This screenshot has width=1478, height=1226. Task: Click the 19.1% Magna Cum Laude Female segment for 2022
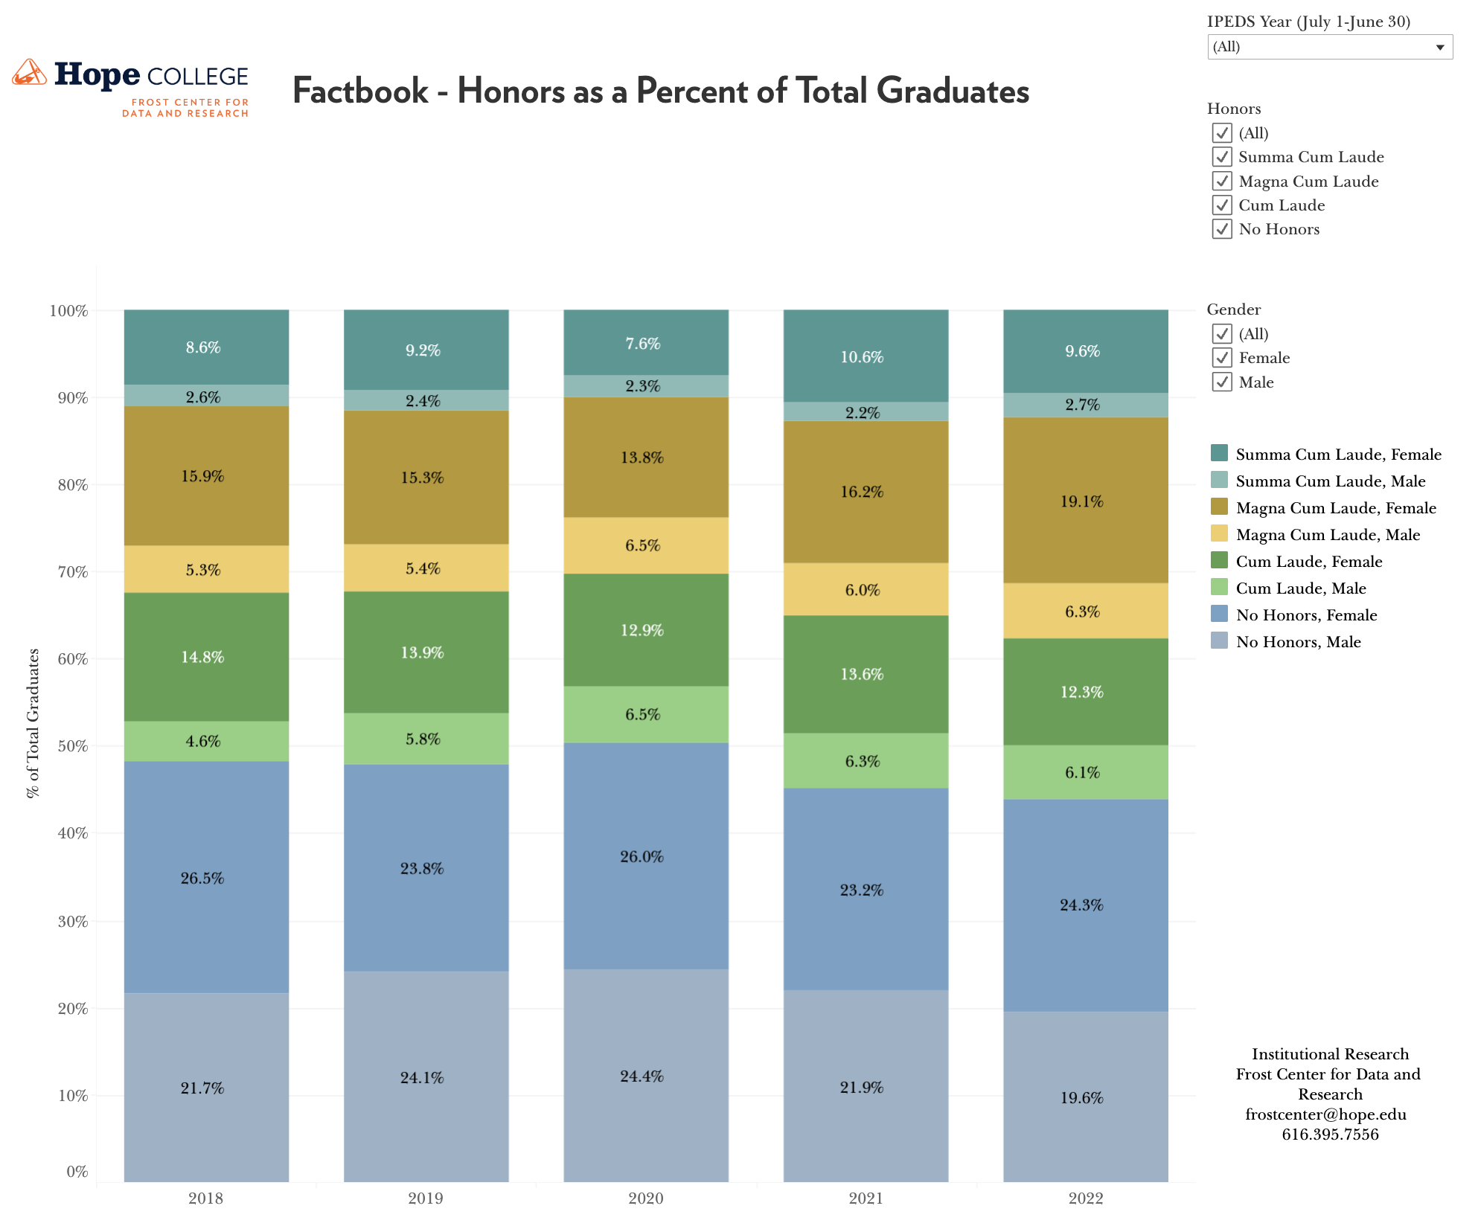click(x=1085, y=501)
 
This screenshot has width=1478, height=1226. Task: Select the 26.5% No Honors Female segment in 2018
click(x=206, y=877)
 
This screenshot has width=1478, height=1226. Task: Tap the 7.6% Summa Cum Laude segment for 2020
click(x=645, y=343)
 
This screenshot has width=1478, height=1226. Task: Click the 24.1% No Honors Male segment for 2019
click(x=426, y=1076)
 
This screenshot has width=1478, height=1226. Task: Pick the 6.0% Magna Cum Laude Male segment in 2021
click(x=866, y=589)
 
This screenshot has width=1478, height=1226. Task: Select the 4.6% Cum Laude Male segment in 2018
click(x=206, y=741)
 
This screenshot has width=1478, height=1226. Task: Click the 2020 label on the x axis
click(x=645, y=1198)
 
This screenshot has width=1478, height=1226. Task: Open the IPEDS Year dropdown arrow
click(x=1439, y=48)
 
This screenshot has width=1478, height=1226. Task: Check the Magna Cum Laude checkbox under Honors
click(x=1222, y=181)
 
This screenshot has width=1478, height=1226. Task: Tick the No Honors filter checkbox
click(x=1222, y=229)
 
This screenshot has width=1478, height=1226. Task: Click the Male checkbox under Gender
click(x=1222, y=382)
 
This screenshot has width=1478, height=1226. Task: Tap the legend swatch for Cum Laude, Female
click(x=1219, y=561)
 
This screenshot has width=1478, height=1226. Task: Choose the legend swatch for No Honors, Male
click(x=1219, y=641)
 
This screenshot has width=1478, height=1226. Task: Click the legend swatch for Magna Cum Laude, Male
click(x=1219, y=534)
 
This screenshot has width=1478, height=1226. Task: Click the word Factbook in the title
click(x=360, y=92)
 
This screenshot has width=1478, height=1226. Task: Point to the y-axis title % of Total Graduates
click(x=33, y=723)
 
